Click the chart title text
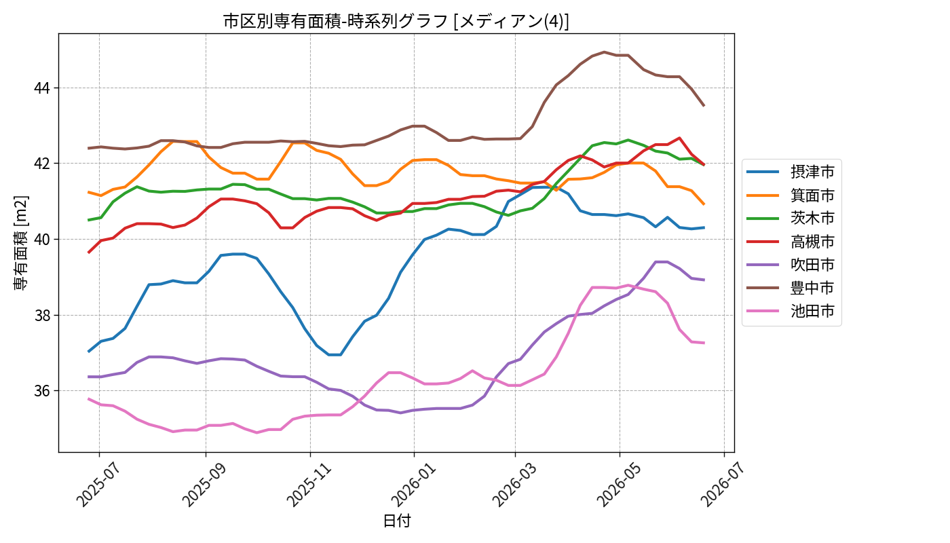click(x=396, y=21)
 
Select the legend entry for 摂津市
click(x=791, y=172)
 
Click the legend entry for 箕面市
click(x=791, y=195)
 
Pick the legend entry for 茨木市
click(x=791, y=218)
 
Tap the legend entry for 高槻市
click(x=791, y=242)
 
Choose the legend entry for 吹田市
click(x=791, y=265)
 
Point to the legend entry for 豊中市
click(x=791, y=288)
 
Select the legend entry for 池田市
click(x=791, y=311)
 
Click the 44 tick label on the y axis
click(x=41, y=88)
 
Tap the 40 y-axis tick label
click(x=41, y=239)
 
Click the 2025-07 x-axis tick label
click(x=98, y=484)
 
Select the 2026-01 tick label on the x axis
click(x=413, y=484)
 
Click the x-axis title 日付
click(x=396, y=521)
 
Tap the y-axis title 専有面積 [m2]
click(x=20, y=243)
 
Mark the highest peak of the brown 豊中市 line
click(x=604, y=52)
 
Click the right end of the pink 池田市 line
click(x=704, y=343)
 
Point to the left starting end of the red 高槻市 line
click(x=88, y=252)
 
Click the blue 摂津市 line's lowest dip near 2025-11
click(x=335, y=354)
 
